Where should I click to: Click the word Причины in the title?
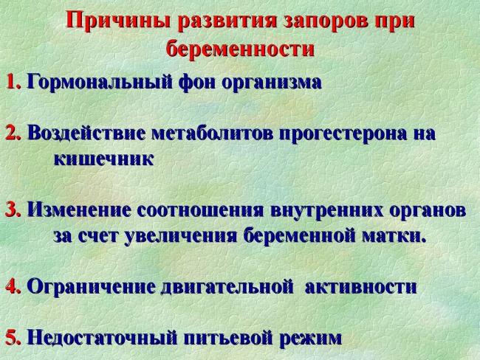(110, 21)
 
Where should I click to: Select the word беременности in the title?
(241, 49)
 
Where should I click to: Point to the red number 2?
(13, 134)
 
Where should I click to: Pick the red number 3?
(13, 210)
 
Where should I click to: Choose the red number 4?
(13, 286)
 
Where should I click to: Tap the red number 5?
(13, 338)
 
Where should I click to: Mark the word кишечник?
(103, 159)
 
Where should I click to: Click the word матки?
(400, 236)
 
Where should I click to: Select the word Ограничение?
(90, 286)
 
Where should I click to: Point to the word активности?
(360, 286)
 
